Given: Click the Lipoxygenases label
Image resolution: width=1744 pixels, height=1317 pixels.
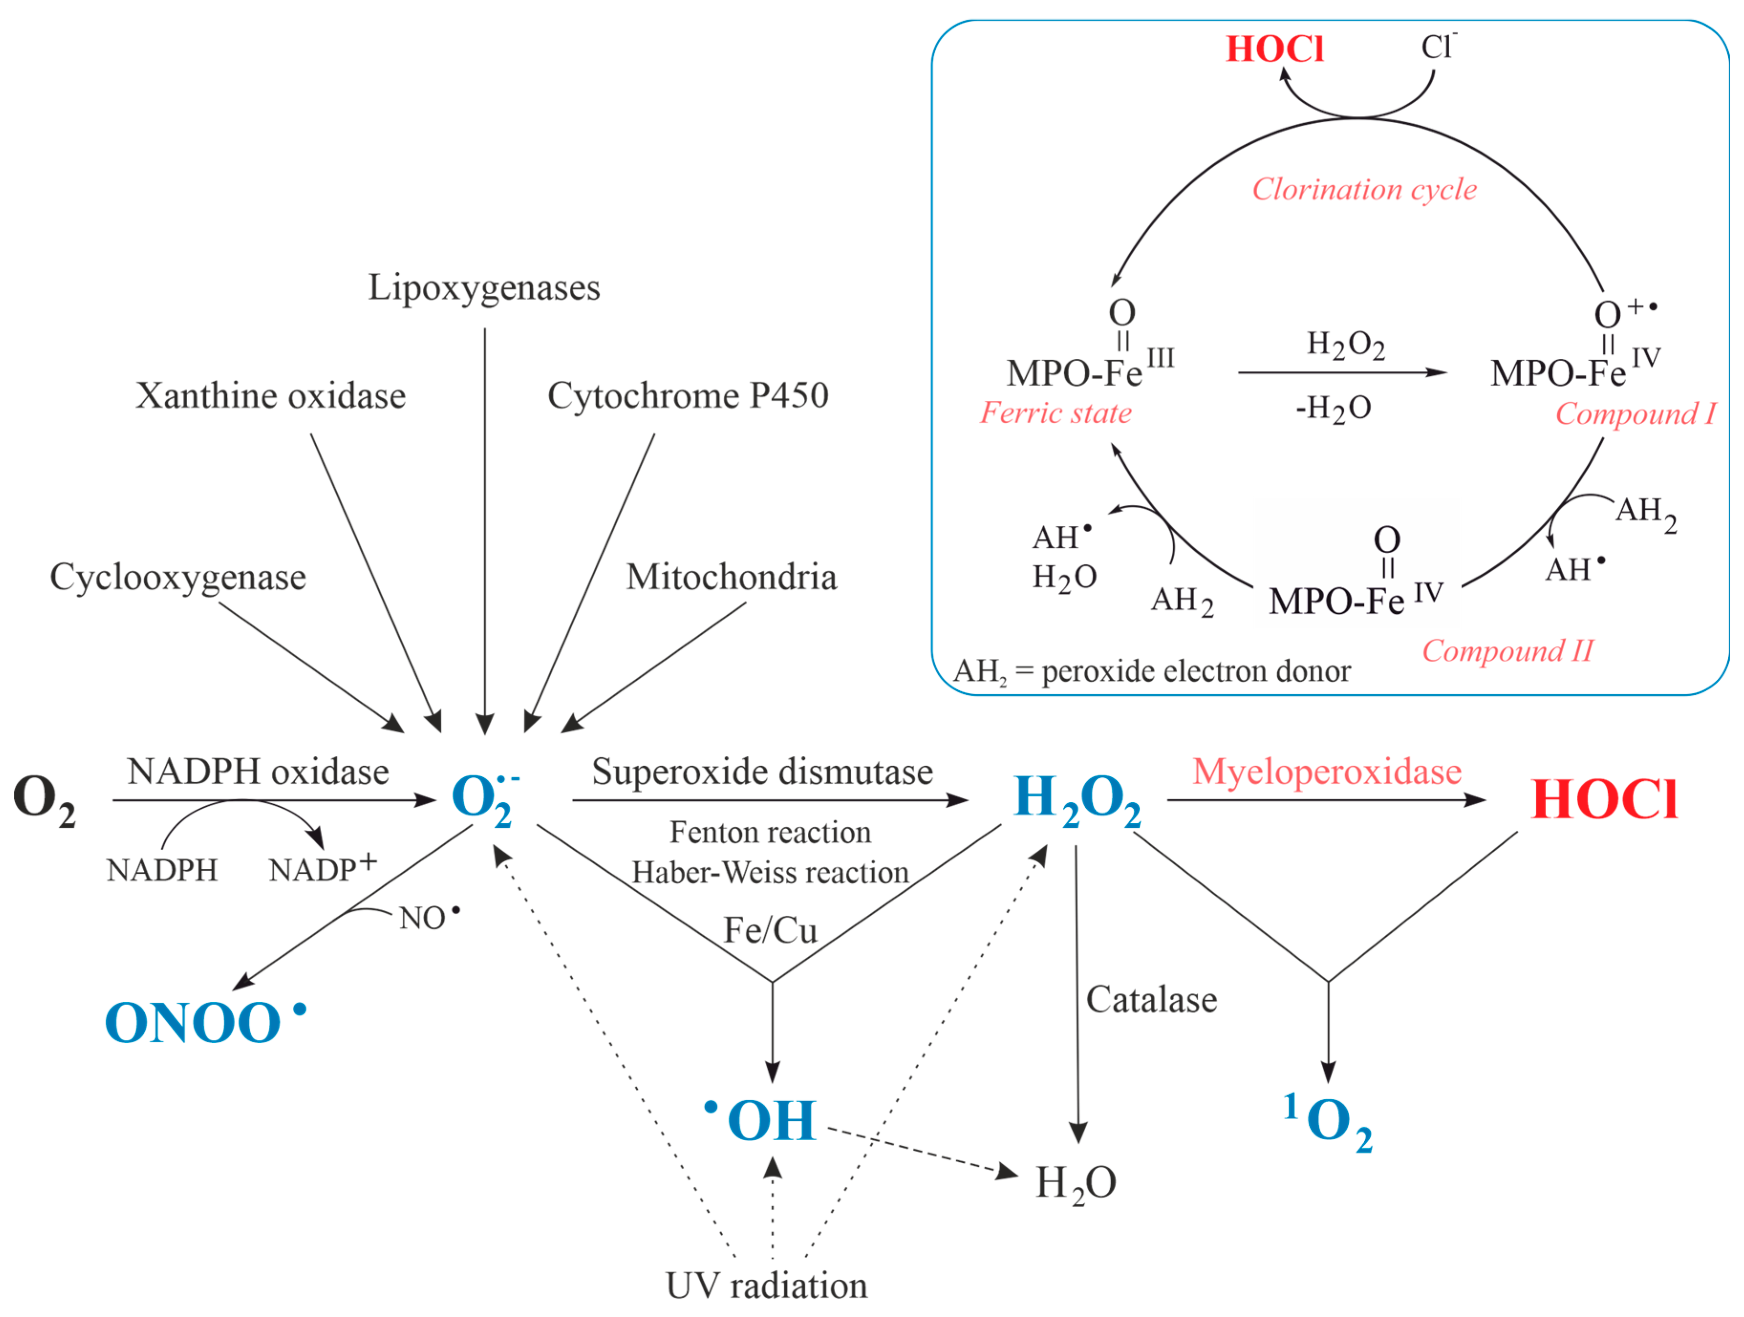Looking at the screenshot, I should pyautogui.click(x=484, y=289).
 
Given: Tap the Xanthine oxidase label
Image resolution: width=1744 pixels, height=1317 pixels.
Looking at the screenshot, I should pyautogui.click(x=270, y=396).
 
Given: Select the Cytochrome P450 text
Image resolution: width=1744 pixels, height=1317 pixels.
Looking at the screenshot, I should pyautogui.click(x=687, y=396).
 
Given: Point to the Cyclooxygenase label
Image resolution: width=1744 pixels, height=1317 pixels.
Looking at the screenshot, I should pyautogui.click(x=178, y=577).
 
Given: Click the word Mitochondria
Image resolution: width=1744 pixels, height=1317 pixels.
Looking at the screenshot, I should pyautogui.click(x=731, y=577).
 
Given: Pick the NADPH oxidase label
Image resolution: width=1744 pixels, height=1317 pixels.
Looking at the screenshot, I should pyautogui.click(x=258, y=772).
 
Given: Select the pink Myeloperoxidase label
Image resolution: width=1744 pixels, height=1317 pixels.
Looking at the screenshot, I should pyautogui.click(x=1327, y=772).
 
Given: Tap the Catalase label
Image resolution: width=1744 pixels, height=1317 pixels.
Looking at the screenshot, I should pyautogui.click(x=1151, y=1000).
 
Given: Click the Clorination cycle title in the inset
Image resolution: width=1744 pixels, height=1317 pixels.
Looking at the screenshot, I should pyautogui.click(x=1364, y=189).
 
